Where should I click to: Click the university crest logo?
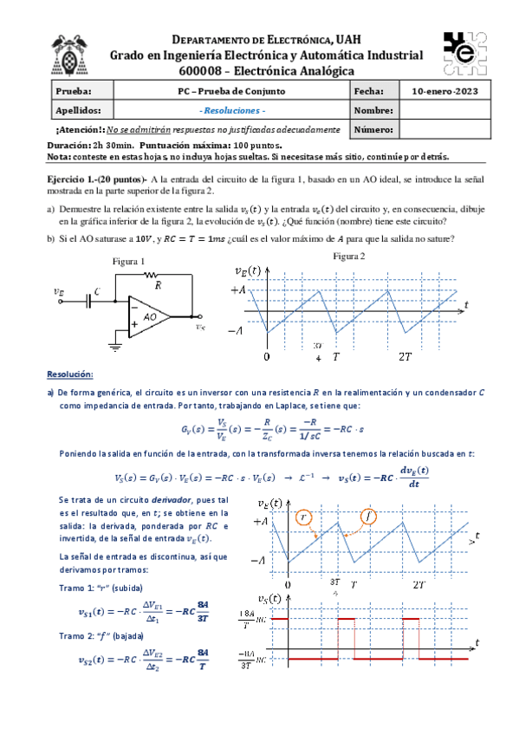coord(68,54)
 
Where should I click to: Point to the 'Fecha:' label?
coord(367,91)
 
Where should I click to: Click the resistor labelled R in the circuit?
coord(157,276)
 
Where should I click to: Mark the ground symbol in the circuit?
coord(114,347)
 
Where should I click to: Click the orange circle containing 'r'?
coord(302,517)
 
